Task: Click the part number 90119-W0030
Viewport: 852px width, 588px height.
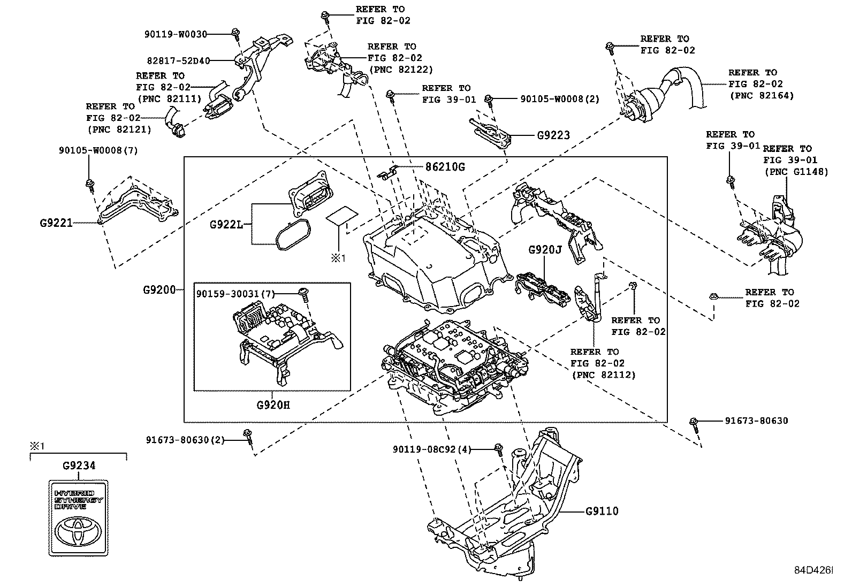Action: [x=175, y=34]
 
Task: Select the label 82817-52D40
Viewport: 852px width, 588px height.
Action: [x=178, y=61]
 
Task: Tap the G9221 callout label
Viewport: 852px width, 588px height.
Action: [x=56, y=223]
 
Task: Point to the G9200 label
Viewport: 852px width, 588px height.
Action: [x=159, y=290]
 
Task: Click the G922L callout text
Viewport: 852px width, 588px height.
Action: [x=226, y=224]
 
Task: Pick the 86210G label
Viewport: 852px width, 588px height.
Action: [x=445, y=167]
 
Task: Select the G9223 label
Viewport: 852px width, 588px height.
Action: [x=553, y=135]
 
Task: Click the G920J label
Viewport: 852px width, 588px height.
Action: [x=545, y=250]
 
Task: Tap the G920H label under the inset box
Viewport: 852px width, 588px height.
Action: [x=273, y=404]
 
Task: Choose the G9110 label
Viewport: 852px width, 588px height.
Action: [x=602, y=511]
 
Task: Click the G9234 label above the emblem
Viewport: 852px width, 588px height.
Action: [x=79, y=465]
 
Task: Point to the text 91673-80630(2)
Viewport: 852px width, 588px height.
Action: [x=185, y=440]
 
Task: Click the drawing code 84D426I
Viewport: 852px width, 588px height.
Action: [x=813, y=571]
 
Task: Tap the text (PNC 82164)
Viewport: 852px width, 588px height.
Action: [x=762, y=96]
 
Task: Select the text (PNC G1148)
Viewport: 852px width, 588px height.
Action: [x=795, y=172]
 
